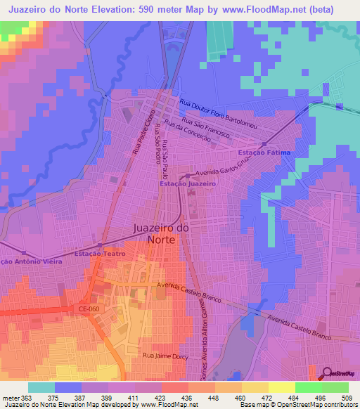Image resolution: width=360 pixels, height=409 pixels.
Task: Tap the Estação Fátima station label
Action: [x=265, y=152]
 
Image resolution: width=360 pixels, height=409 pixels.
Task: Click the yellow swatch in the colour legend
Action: [x=255, y=387]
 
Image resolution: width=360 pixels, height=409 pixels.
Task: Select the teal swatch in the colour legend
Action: [x=41, y=387]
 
